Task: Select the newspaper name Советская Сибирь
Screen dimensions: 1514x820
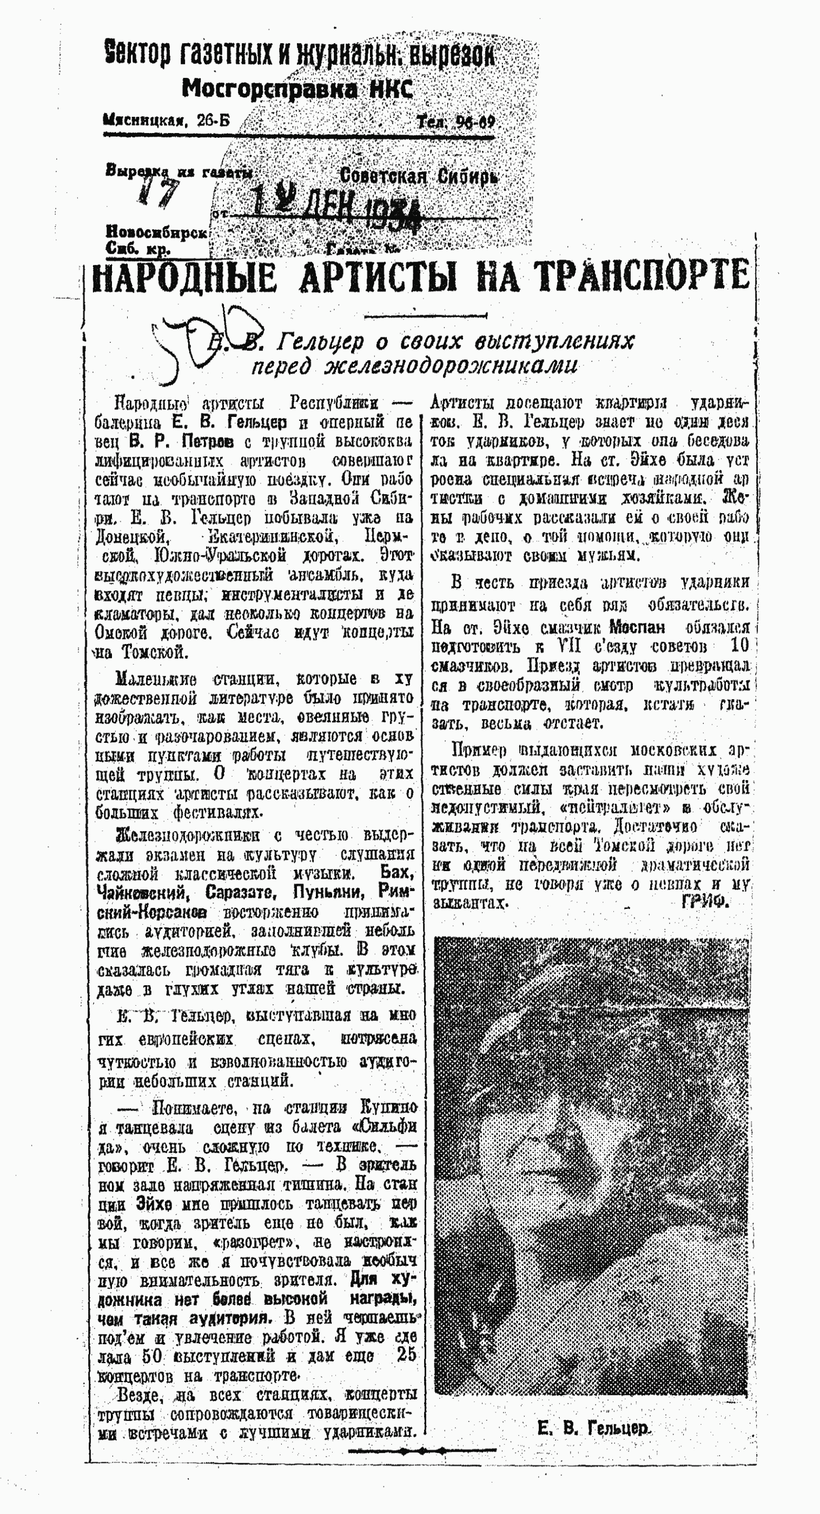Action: click(419, 176)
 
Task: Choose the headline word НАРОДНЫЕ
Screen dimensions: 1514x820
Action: click(184, 277)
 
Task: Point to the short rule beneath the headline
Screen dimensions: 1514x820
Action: click(425, 316)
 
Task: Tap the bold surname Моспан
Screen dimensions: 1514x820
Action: click(637, 627)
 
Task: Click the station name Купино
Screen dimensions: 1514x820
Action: click(388, 1108)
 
